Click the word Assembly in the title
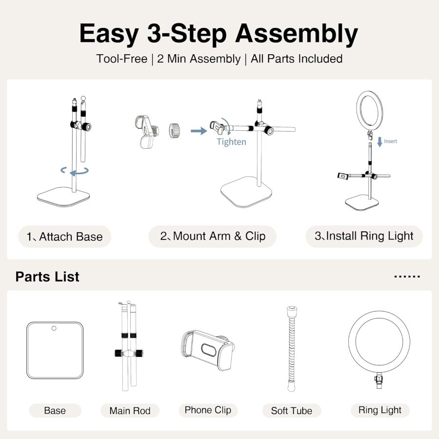point(297,34)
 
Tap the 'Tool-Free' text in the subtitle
point(121,59)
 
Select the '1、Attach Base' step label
point(65,237)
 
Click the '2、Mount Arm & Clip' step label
point(213,237)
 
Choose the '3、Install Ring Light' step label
point(364,236)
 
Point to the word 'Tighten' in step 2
point(231,142)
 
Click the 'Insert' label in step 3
point(390,141)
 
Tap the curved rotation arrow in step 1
point(75,171)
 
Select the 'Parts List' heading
point(47,277)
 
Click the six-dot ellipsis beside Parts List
point(406,277)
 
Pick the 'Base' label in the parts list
point(55,411)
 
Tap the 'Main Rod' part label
point(130,411)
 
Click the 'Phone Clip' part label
point(208,410)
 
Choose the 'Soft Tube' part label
point(291,411)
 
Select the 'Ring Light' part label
point(379,410)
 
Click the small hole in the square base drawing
point(55,328)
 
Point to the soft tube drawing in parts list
point(291,349)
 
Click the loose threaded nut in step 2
point(175,130)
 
